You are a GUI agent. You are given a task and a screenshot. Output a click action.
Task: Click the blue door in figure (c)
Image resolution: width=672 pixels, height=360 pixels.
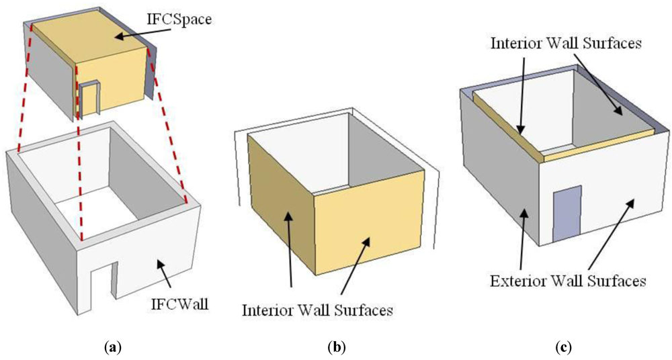coord(566,216)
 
